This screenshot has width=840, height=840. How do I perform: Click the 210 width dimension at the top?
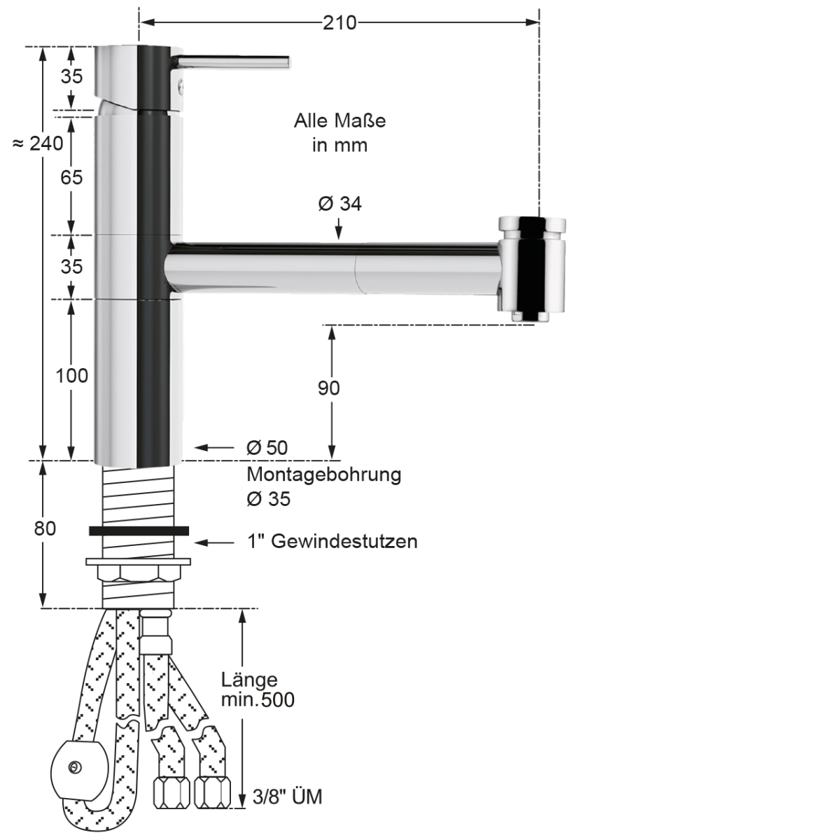click(x=339, y=23)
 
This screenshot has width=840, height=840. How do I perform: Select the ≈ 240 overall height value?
click(x=38, y=143)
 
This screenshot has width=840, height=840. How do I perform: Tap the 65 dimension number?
click(x=71, y=178)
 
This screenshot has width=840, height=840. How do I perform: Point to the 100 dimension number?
click(x=72, y=376)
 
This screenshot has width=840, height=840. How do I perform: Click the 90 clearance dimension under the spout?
click(x=328, y=388)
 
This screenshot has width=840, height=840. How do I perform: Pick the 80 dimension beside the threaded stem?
click(x=45, y=528)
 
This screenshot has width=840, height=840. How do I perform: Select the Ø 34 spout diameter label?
click(x=339, y=204)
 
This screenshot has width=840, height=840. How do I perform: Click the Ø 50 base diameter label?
click(x=267, y=448)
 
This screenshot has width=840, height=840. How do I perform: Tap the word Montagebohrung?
click(x=323, y=475)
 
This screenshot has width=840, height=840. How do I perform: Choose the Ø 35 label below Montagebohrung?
click(x=269, y=499)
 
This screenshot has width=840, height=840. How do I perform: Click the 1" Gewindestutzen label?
click(x=332, y=541)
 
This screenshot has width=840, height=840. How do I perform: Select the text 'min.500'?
click(x=258, y=699)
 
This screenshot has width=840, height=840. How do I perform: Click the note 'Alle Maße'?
click(x=339, y=121)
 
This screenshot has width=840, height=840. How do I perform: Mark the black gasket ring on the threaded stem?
click(x=139, y=531)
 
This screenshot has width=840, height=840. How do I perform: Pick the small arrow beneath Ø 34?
click(x=339, y=229)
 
